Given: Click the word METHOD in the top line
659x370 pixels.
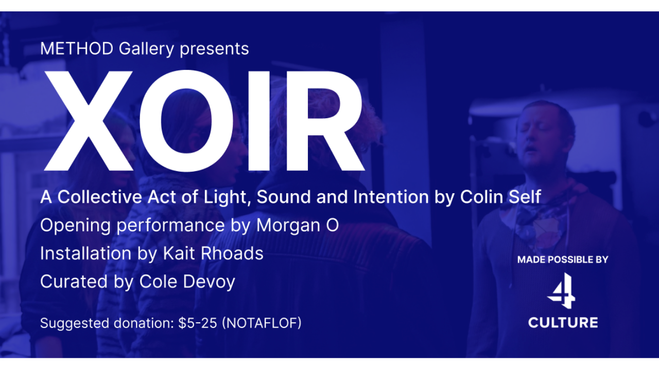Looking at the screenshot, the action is pyautogui.click(x=77, y=48).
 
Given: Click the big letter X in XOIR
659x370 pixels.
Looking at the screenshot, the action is pyautogui.click(x=89, y=120).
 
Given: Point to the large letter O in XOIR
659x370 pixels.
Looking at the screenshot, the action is pyautogui.click(x=186, y=120).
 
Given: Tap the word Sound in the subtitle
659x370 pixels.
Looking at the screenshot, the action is pyautogui.click(x=284, y=197).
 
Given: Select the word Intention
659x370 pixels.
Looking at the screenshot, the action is pyautogui.click(x=391, y=197).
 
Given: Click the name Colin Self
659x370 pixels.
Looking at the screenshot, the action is pyautogui.click(x=501, y=197).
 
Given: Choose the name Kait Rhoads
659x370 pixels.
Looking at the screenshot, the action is pyautogui.click(x=213, y=253).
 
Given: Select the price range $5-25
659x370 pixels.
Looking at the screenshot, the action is pyautogui.click(x=198, y=323).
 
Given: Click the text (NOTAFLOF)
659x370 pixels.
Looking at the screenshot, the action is pyautogui.click(x=262, y=323).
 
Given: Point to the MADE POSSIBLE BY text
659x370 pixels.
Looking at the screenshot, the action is pyautogui.click(x=563, y=260).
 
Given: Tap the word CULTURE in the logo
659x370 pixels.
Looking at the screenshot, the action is pyautogui.click(x=563, y=323).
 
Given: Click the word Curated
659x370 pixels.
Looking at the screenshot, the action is pyautogui.click(x=74, y=282).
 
